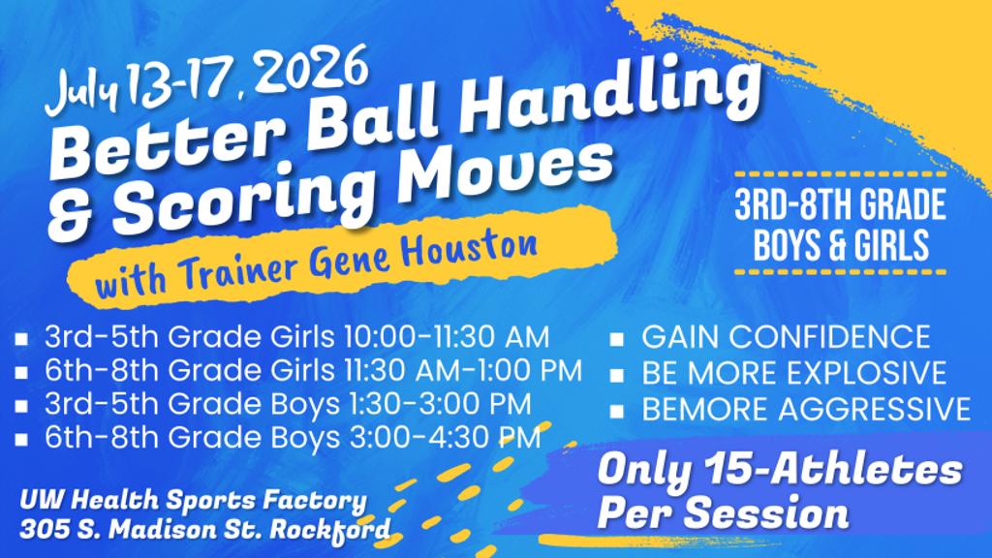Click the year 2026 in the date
tap(313, 70)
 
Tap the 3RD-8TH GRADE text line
tap(840, 203)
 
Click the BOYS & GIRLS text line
tap(841, 245)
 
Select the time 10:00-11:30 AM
tap(446, 337)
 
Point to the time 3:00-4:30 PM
tap(445, 438)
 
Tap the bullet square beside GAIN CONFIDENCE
tap(616, 340)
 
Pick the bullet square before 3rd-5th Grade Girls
tap(21, 339)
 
